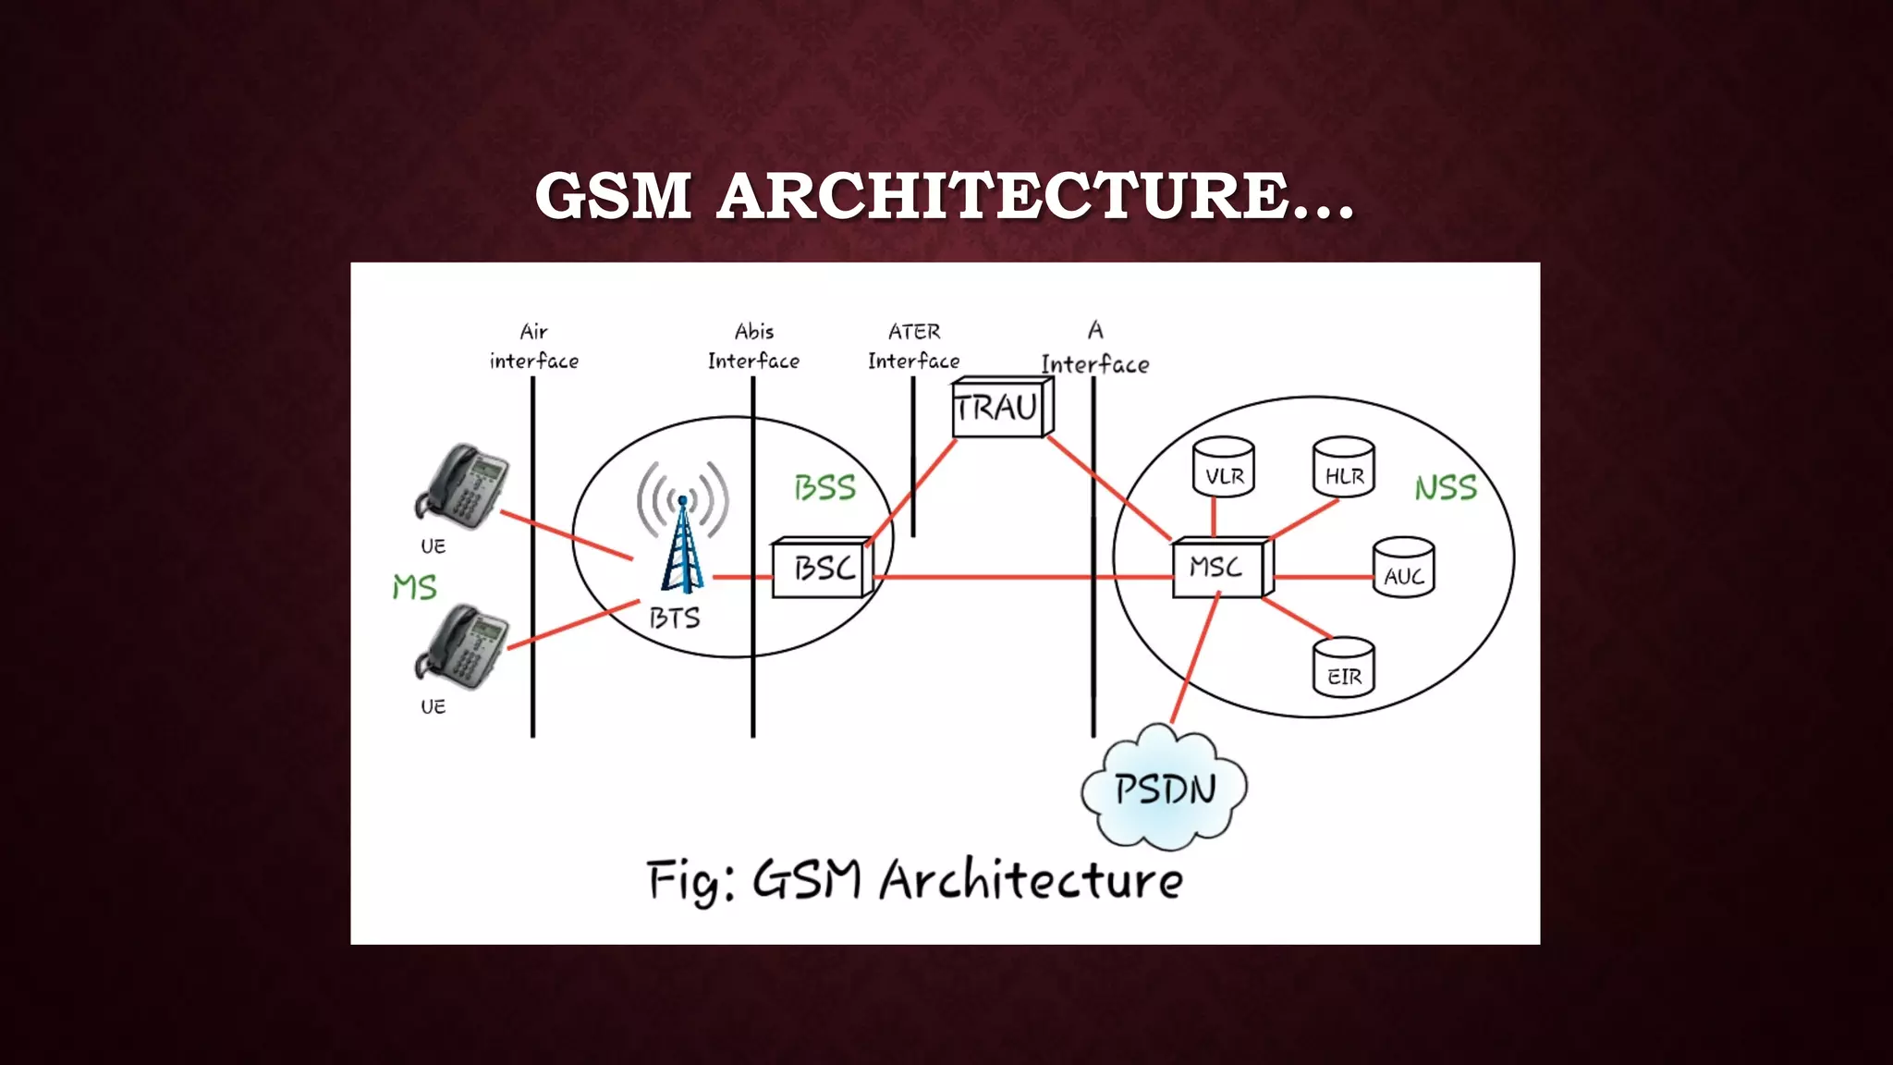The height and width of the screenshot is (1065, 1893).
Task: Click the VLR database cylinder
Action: click(x=1224, y=468)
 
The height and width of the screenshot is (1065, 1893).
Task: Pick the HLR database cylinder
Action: click(x=1344, y=468)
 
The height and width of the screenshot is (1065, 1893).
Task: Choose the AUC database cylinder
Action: click(x=1403, y=568)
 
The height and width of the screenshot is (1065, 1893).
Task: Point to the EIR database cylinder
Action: click(x=1344, y=667)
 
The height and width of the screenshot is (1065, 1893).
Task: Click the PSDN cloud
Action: click(x=1165, y=789)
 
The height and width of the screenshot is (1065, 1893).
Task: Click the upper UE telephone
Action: click(x=461, y=486)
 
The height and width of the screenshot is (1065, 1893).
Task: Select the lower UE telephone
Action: click(x=461, y=646)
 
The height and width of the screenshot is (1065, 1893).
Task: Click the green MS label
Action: click(x=414, y=587)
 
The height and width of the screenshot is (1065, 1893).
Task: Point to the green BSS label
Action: click(x=824, y=487)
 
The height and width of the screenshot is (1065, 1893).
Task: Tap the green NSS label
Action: click(x=1446, y=487)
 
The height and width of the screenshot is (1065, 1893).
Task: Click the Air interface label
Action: click(x=533, y=346)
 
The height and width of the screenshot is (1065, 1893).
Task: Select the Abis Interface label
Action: click(x=753, y=346)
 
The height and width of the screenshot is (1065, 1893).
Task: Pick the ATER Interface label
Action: click(x=913, y=346)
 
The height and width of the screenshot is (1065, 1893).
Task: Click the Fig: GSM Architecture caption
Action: click(x=914, y=879)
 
